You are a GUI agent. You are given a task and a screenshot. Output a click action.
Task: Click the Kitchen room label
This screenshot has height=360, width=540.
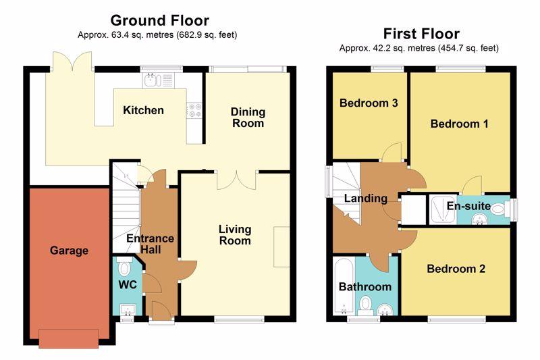point(143,110)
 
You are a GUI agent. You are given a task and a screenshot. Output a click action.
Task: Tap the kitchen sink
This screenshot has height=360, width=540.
point(159,80)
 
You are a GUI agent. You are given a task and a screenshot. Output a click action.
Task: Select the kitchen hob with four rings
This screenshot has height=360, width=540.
point(194,111)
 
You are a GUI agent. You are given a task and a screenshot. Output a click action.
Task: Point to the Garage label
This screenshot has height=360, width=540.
point(69,251)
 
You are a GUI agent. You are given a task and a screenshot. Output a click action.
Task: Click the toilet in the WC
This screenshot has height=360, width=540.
point(123,266)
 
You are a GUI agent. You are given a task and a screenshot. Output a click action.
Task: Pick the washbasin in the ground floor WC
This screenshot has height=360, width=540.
point(128,310)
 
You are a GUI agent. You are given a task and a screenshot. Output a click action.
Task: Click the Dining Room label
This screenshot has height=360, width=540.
point(248,118)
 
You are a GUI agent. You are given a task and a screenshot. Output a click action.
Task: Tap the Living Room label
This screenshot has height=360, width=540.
point(235,235)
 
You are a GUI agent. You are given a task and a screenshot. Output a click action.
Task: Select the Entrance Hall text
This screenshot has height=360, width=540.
point(150,244)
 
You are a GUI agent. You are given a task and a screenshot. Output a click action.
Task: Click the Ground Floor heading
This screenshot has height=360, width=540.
point(160,20)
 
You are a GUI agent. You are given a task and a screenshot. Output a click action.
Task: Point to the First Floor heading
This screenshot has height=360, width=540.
point(421,34)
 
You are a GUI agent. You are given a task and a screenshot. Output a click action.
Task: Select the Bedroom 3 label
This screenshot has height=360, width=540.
point(369,103)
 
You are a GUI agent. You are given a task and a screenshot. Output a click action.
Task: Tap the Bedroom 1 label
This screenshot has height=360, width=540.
point(460,124)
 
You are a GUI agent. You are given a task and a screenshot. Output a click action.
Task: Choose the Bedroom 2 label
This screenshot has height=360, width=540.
point(456,269)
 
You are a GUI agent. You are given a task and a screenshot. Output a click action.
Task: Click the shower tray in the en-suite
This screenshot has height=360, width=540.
point(443,210)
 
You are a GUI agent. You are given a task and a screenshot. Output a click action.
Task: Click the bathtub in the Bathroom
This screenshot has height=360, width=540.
point(344,286)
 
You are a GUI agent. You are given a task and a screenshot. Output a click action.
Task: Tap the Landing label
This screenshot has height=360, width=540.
point(366,199)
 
